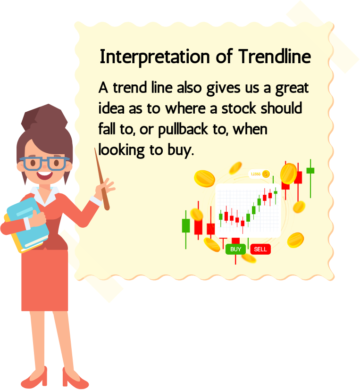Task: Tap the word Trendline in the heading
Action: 275,57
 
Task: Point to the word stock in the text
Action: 239,108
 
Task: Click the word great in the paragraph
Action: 292,89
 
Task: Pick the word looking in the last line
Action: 121,150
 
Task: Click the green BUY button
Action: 235,249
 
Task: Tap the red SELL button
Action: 260,249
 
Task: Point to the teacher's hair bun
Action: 44,117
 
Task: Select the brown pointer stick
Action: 101,179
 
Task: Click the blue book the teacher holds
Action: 28,223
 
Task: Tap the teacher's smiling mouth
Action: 45,175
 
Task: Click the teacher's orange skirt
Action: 44,280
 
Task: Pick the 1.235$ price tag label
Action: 259,174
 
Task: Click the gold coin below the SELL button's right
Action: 295,240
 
